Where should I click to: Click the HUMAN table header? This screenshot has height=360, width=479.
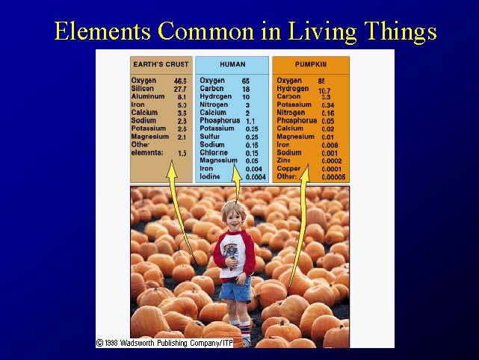pos(232,64)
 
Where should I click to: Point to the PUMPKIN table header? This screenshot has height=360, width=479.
pos(310,64)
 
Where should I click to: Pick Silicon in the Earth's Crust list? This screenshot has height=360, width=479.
pos(143,88)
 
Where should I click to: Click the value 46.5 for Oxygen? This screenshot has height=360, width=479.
pos(180,81)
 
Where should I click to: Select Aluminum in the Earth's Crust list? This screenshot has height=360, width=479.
pos(147,96)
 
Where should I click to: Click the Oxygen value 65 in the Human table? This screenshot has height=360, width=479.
pos(246,81)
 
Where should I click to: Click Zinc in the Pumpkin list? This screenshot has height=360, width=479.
pos(284,161)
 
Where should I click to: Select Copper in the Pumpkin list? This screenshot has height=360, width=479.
pos(289,169)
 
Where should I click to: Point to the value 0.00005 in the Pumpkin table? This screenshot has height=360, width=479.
pos(333,177)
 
